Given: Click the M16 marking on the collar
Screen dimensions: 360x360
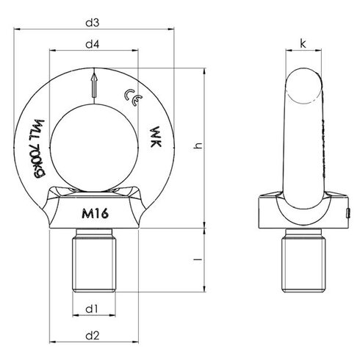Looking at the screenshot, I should pos(93,214).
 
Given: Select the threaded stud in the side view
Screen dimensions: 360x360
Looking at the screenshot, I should pos(303,262).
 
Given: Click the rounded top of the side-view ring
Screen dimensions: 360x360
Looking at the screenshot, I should pos(303,81).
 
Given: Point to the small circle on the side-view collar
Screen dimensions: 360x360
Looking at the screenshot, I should pos(348,215).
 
